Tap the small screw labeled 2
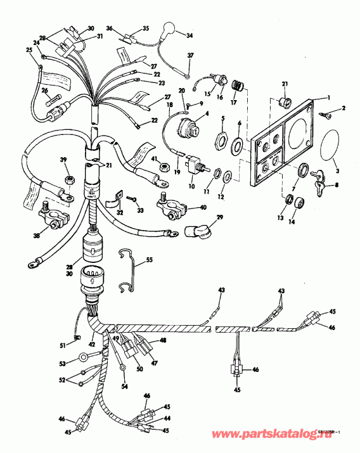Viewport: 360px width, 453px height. tap(330, 113)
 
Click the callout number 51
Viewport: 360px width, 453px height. tap(63, 345)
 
